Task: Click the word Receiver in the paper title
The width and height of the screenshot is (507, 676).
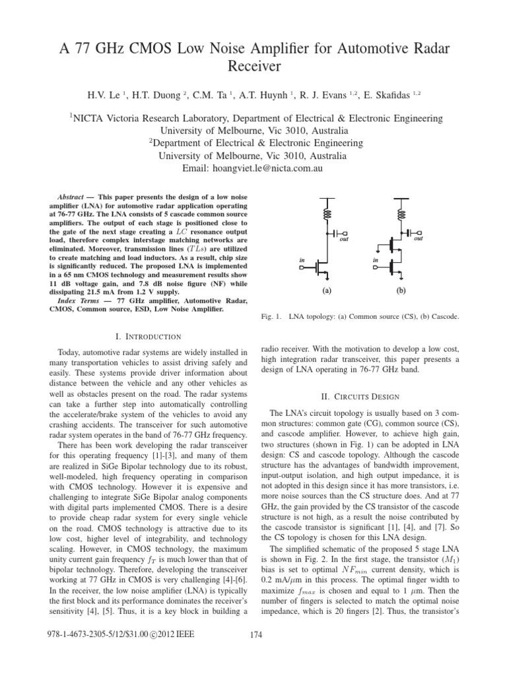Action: point(253,66)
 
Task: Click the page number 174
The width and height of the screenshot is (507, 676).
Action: point(258,654)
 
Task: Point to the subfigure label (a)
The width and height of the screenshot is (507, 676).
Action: point(326,289)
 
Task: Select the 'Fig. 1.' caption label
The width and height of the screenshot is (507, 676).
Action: point(273,318)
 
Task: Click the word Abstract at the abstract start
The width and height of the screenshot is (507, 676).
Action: point(68,197)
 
